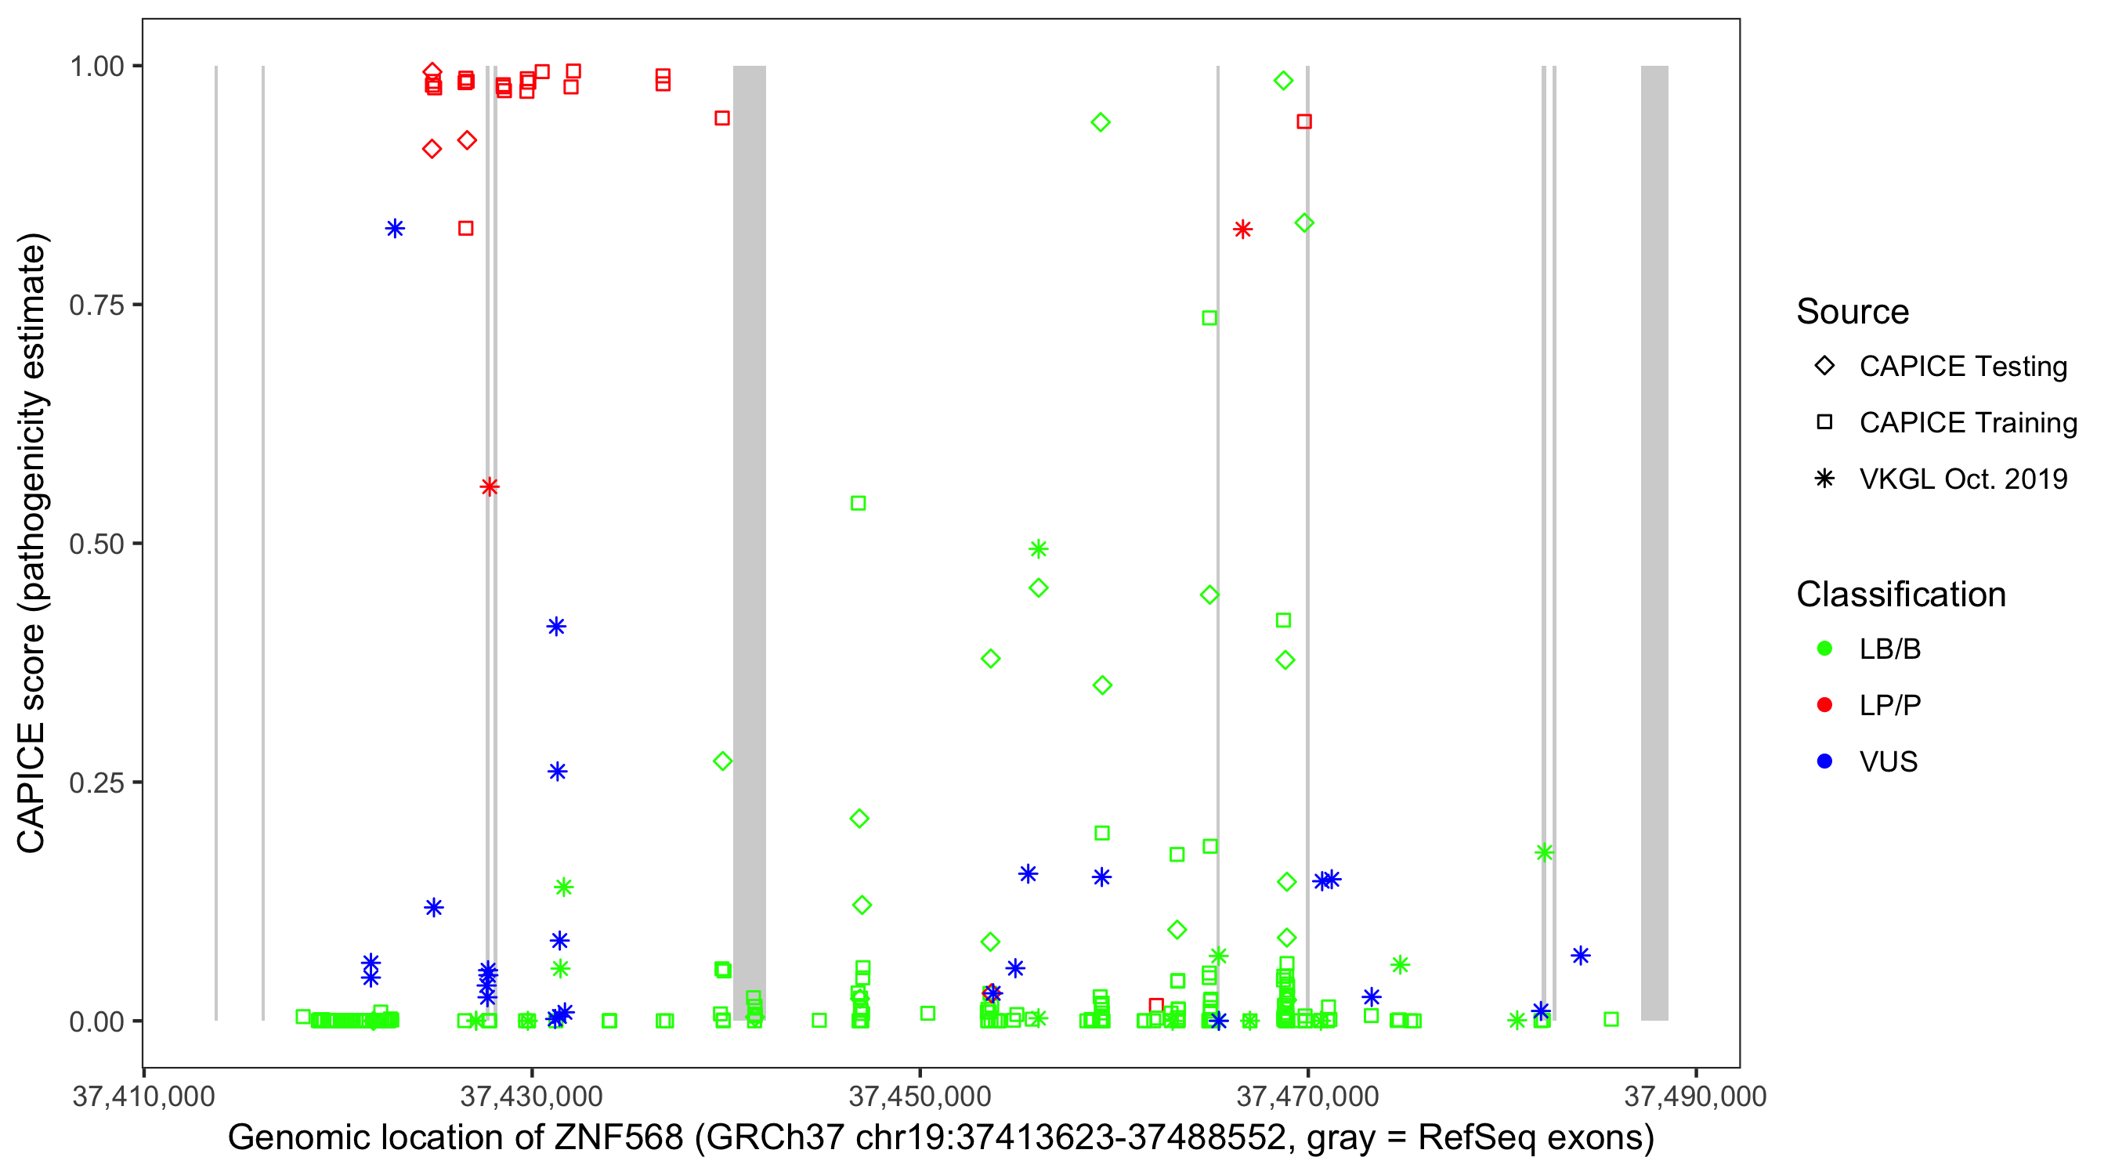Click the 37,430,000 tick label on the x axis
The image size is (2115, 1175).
click(x=531, y=1097)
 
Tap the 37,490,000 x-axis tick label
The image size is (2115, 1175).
click(x=1694, y=1097)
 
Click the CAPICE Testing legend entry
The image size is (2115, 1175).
click(x=1962, y=367)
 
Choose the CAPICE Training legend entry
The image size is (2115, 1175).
click(x=1967, y=423)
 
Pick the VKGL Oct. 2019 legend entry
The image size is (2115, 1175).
click(x=1962, y=479)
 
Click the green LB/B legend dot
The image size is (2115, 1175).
click(x=1824, y=649)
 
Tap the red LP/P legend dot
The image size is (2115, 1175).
click(x=1824, y=705)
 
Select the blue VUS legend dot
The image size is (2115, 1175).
click(x=1824, y=762)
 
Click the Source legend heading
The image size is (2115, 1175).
click(x=1853, y=312)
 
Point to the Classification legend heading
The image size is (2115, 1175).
click(x=1900, y=595)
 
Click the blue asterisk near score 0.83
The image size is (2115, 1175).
click(x=395, y=228)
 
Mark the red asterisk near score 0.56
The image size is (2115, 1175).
click(x=490, y=488)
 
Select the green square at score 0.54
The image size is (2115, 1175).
click(x=858, y=504)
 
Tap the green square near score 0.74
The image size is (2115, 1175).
click(x=1209, y=318)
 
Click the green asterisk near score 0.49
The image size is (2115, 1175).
click(x=1039, y=549)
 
